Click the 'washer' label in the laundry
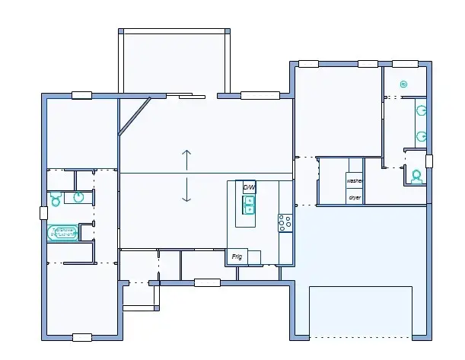point(354,181)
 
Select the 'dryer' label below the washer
point(354,197)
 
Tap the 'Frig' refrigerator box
point(237,257)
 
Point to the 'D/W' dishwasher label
point(248,187)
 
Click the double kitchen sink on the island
point(248,205)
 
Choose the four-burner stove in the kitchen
point(285,222)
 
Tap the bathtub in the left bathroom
point(63,232)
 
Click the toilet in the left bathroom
point(56,199)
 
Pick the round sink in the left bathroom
point(78,198)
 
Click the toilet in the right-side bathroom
point(416,177)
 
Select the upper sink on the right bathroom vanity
point(420,110)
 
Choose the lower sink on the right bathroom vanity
point(420,137)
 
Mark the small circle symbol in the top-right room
point(403,84)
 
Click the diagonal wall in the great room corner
point(133,116)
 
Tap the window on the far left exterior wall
point(43,213)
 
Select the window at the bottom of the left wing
point(81,336)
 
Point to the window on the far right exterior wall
point(429,161)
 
